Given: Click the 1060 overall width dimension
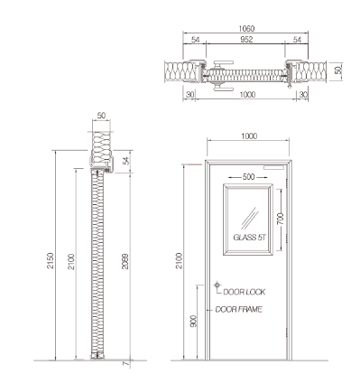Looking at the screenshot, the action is pos(246,29).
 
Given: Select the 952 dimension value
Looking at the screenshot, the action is pos(246,40).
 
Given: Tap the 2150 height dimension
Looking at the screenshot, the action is pos(51,261).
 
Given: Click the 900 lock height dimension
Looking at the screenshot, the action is pos(194,322).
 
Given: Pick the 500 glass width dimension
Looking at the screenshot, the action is pos(248,177).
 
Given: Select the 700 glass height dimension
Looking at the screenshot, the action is pos(281,219).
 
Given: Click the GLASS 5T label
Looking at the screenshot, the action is pos(250,238).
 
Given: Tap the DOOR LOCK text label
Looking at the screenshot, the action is pos(245,292).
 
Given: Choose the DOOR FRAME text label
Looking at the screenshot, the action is pos(239,310).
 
